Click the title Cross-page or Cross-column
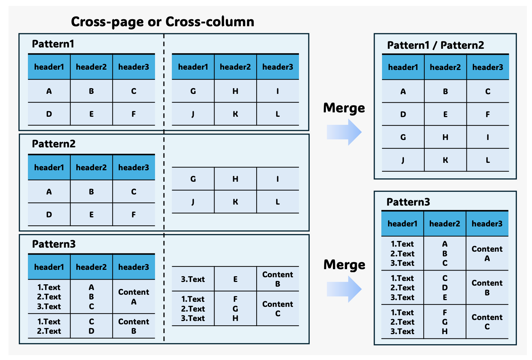(162, 22)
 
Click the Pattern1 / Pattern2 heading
(435, 45)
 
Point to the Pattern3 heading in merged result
(408, 202)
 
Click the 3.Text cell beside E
(193, 279)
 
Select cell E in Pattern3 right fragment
(235, 279)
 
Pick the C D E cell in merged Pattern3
(445, 288)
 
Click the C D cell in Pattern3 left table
(91, 326)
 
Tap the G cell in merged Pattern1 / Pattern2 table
(403, 137)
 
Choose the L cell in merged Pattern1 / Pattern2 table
(487, 160)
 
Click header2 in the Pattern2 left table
(91, 168)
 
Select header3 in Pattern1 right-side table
(277, 67)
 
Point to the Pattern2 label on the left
(53, 144)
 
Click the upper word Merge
(344, 108)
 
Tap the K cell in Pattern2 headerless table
(235, 202)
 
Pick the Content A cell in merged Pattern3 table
(487, 254)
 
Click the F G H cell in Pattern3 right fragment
(235, 309)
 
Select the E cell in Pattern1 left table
(91, 114)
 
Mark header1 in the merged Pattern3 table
(402, 224)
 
